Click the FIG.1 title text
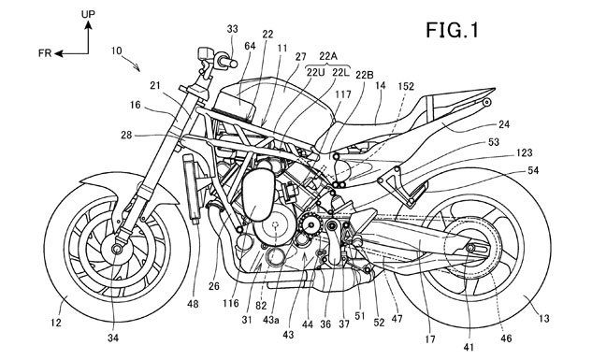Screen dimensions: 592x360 click(453, 30)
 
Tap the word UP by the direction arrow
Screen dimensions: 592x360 click(88, 14)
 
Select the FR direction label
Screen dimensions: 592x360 click(45, 53)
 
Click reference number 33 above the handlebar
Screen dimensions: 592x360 click(233, 29)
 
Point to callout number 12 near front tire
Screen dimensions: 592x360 click(55, 323)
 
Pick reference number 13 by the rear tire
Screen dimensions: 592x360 click(543, 319)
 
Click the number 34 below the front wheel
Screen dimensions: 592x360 click(113, 338)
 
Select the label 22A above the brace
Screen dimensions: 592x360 click(327, 56)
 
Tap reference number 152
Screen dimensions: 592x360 click(406, 86)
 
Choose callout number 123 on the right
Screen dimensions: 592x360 click(525, 152)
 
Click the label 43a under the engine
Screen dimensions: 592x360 click(271, 320)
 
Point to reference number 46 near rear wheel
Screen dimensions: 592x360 click(506, 338)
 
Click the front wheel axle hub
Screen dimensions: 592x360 click(117, 249)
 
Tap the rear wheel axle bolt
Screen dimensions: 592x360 click(470, 248)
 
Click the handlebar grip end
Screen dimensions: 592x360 click(234, 64)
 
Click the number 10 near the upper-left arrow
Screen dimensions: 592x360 click(117, 50)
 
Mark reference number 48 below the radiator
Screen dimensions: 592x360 click(193, 303)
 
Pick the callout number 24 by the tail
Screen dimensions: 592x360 click(504, 124)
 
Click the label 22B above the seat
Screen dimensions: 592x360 click(364, 75)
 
